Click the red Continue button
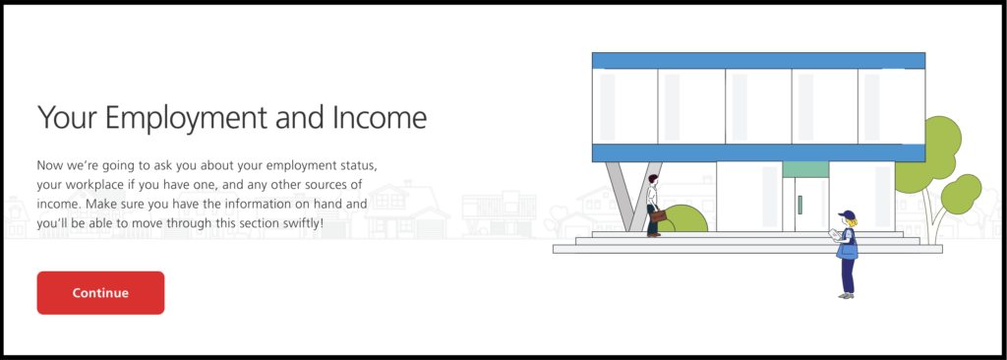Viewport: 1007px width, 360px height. point(100,293)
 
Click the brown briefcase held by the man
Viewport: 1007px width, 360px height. point(658,216)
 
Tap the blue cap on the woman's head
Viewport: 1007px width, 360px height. point(847,214)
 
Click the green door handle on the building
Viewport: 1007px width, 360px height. point(800,205)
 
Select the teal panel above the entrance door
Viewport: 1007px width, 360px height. point(805,170)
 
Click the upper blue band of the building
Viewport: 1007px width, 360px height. point(758,60)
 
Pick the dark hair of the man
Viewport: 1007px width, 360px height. point(653,178)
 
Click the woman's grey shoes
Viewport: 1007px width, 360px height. point(847,296)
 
